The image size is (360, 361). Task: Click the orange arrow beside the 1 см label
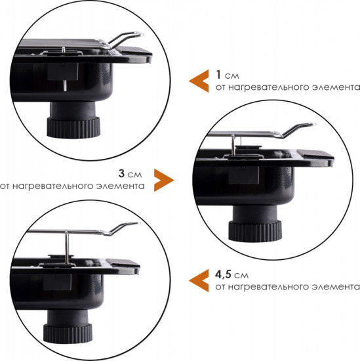[x=199, y=81]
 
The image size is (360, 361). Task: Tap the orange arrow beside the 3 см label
[x=164, y=180]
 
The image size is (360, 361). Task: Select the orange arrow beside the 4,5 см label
[x=199, y=280]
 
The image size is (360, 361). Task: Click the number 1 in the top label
[x=218, y=75]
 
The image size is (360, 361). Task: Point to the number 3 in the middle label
[x=121, y=173]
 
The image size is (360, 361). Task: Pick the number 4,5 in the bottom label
[x=223, y=274]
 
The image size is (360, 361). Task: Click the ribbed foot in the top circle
[x=73, y=127]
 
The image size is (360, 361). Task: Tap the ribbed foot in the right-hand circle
[x=255, y=231]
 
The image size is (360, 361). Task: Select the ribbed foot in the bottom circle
[x=68, y=334]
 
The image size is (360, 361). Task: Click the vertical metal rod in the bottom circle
[x=67, y=248]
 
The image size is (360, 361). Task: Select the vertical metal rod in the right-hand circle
[x=233, y=145]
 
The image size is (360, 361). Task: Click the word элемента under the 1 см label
[x=336, y=87]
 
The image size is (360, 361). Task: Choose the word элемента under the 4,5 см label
[x=336, y=287]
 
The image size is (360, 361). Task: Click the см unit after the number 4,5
[x=241, y=276]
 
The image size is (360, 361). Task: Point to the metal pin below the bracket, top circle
[x=65, y=85]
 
